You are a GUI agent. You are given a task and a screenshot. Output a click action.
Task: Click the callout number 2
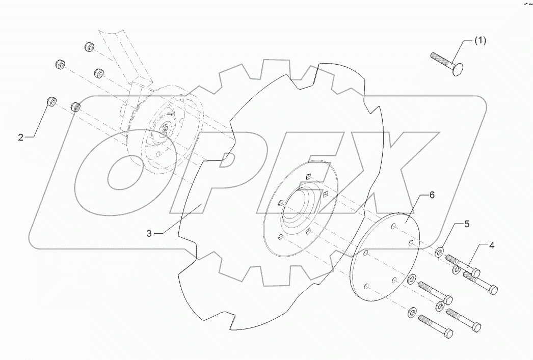click(21, 137)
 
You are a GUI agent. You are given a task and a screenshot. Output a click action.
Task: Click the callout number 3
click(149, 233)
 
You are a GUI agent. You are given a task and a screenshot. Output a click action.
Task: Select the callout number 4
click(491, 245)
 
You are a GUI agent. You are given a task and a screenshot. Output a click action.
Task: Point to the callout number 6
click(431, 195)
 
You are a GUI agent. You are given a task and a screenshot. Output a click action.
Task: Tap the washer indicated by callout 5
click(439, 251)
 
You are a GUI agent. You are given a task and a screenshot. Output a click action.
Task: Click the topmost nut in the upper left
click(89, 47)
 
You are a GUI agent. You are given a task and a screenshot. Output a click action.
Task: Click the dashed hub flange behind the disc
click(163, 127)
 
